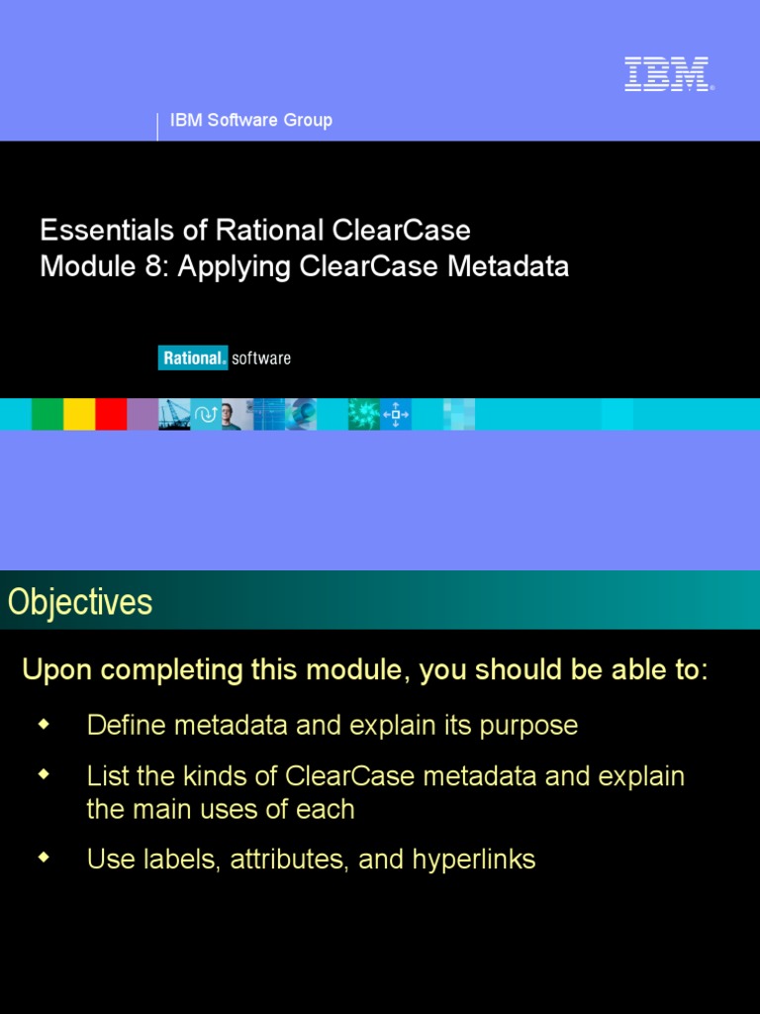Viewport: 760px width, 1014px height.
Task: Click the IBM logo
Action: tap(667, 74)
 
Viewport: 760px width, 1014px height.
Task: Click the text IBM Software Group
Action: tap(251, 120)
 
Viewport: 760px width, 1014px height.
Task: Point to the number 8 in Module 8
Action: tap(156, 266)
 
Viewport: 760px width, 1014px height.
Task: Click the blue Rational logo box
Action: tap(193, 357)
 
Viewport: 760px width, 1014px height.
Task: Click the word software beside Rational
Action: tap(261, 357)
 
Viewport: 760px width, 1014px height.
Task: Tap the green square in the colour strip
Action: tap(47, 414)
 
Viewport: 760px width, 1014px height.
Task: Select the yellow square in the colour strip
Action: tap(79, 414)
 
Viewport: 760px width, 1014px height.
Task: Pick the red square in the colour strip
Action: tap(111, 414)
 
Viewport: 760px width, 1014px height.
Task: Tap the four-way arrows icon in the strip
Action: tap(396, 414)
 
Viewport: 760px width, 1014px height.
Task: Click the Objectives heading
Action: tap(80, 602)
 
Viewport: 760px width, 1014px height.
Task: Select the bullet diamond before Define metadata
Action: tap(43, 724)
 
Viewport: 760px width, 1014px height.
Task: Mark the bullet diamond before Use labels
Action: tap(43, 859)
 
